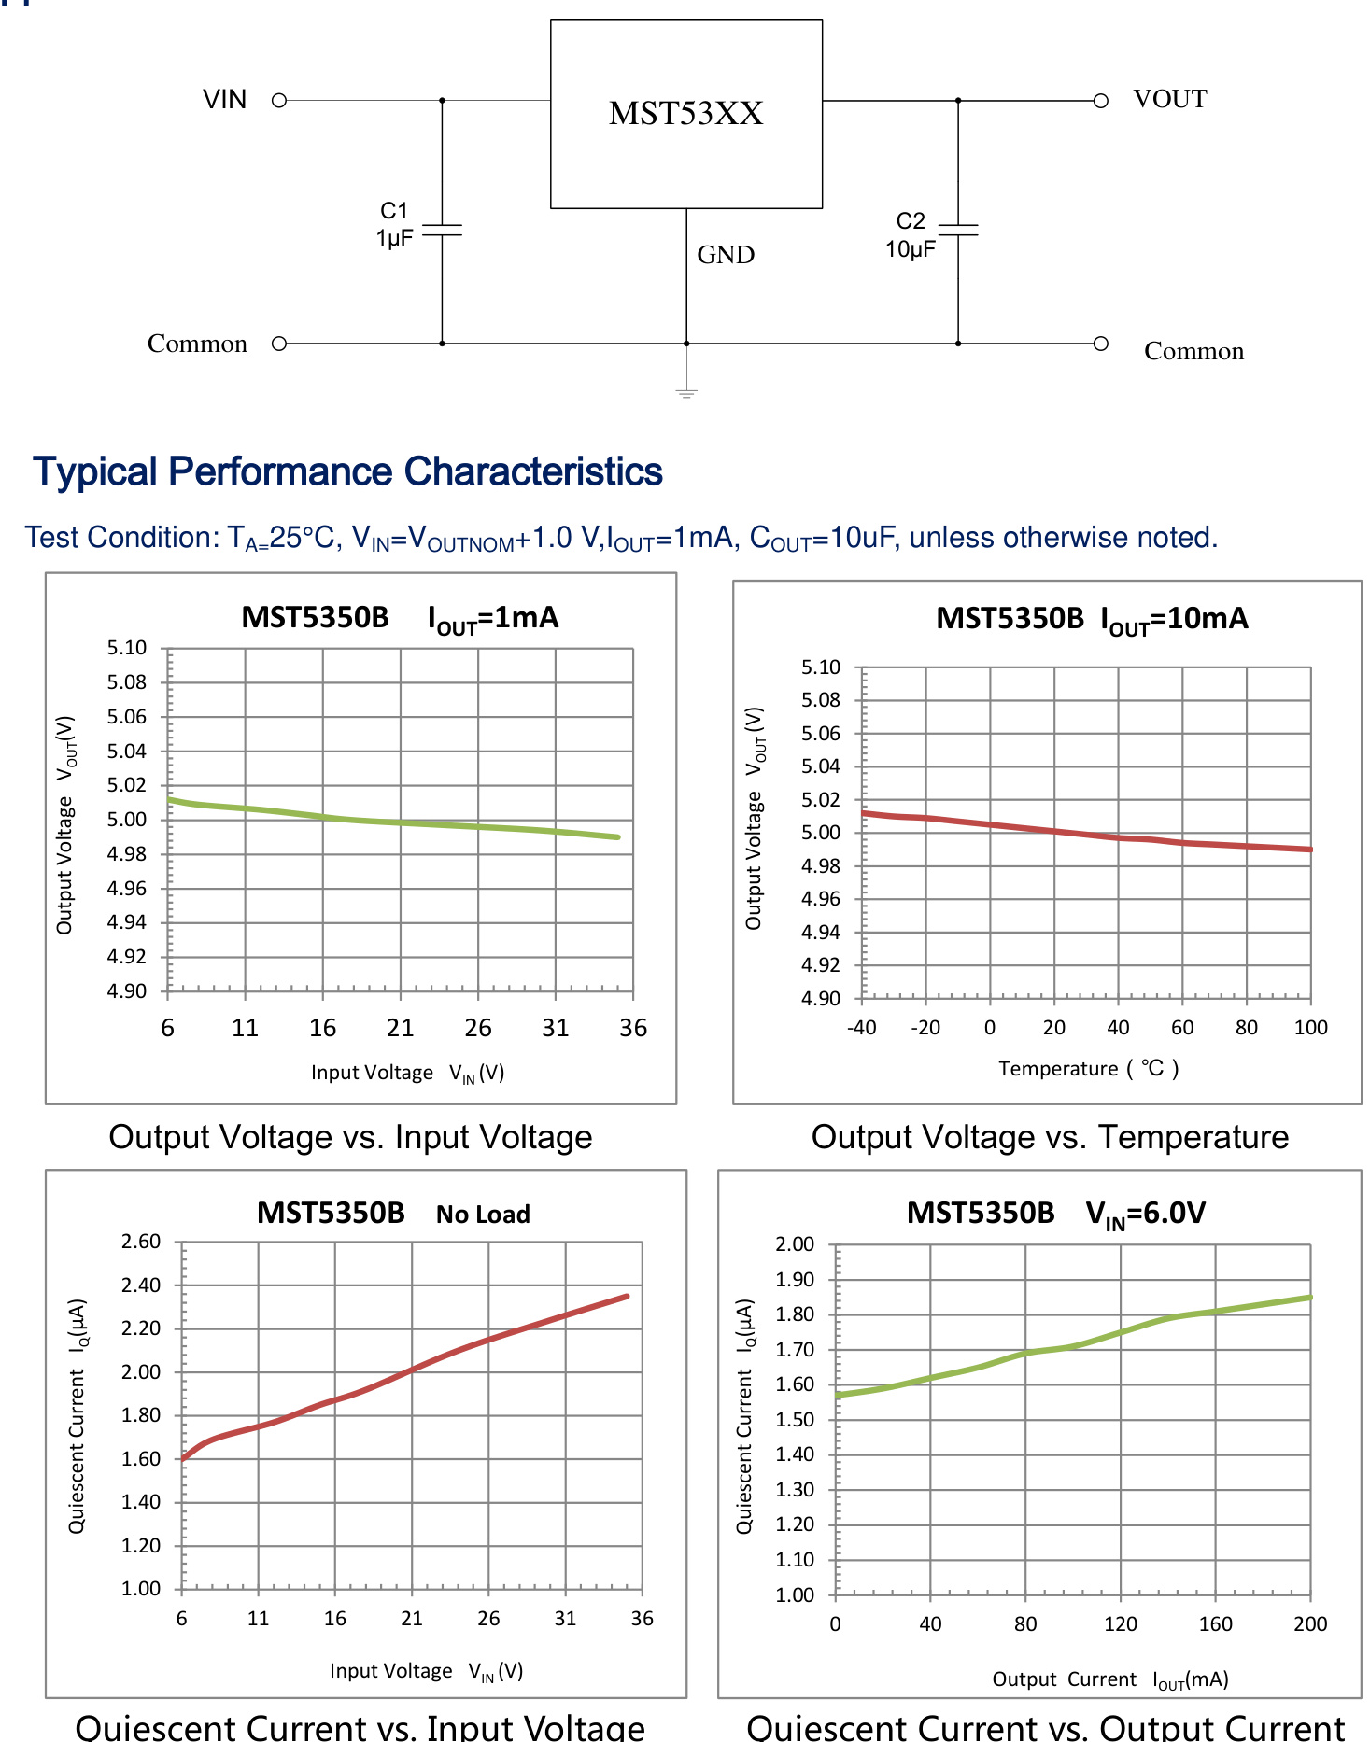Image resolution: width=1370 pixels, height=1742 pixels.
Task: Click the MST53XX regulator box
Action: point(686,114)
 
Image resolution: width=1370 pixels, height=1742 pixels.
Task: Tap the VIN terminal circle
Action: point(278,100)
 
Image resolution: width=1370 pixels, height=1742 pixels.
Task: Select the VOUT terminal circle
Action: point(1101,100)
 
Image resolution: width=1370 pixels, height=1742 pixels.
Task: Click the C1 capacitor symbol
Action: point(442,230)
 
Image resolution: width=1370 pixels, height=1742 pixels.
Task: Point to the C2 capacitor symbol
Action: point(958,230)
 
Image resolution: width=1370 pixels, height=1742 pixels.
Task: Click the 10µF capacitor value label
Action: point(910,249)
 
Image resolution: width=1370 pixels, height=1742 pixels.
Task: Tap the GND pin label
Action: point(726,255)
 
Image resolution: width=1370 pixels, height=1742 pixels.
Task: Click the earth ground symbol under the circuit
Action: point(686,393)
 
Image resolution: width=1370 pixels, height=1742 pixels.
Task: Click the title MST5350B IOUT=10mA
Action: point(1092,619)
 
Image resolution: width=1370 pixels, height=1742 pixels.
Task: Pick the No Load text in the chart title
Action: point(483,1215)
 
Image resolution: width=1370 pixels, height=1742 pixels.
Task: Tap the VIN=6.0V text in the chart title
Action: point(1145,1214)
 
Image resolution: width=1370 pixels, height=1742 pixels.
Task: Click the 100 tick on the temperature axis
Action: point(1310,1028)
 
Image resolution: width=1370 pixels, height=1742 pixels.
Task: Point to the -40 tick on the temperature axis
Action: point(861,1028)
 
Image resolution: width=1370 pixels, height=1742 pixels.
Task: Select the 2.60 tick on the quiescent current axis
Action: point(141,1242)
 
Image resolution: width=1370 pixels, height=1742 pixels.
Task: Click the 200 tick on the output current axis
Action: point(1310,1624)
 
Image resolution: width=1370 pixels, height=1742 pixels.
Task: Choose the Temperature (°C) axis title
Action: point(1088,1068)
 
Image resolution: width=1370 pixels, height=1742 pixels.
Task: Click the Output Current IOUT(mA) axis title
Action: point(1109,1679)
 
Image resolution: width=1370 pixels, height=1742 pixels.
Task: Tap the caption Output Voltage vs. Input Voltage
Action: point(350,1137)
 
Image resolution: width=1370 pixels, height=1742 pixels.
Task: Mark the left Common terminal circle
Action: point(278,344)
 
